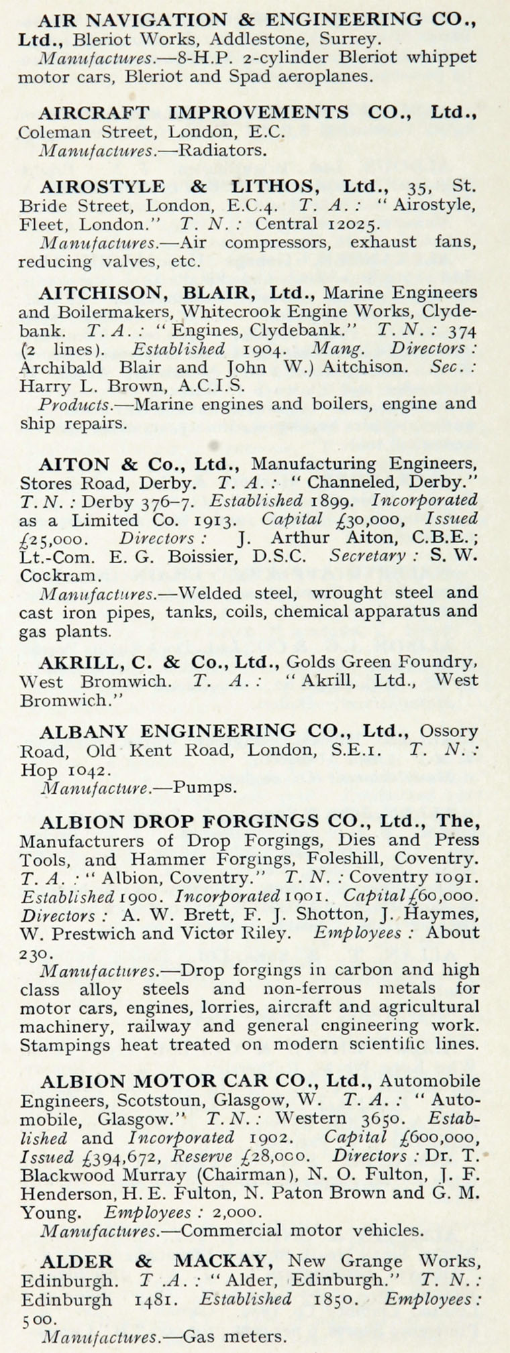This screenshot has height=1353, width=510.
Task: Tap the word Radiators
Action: click(223, 150)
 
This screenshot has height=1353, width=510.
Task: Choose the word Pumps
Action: click(205, 787)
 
